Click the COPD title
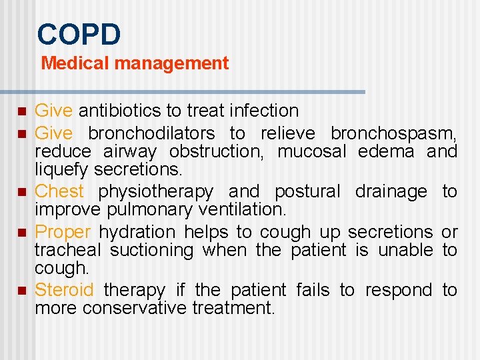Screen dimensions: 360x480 coord(79,34)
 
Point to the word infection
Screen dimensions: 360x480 coord(265,111)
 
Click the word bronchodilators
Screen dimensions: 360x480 coord(151,133)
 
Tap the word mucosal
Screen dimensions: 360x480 coord(312,151)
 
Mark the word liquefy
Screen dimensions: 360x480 coord(62,169)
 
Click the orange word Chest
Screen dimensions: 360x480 coord(59,191)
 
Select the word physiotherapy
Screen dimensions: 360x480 coord(156,192)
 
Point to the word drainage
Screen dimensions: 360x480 coord(391,192)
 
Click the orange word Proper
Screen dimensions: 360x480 coord(62,232)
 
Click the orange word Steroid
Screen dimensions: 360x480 coord(65,290)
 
